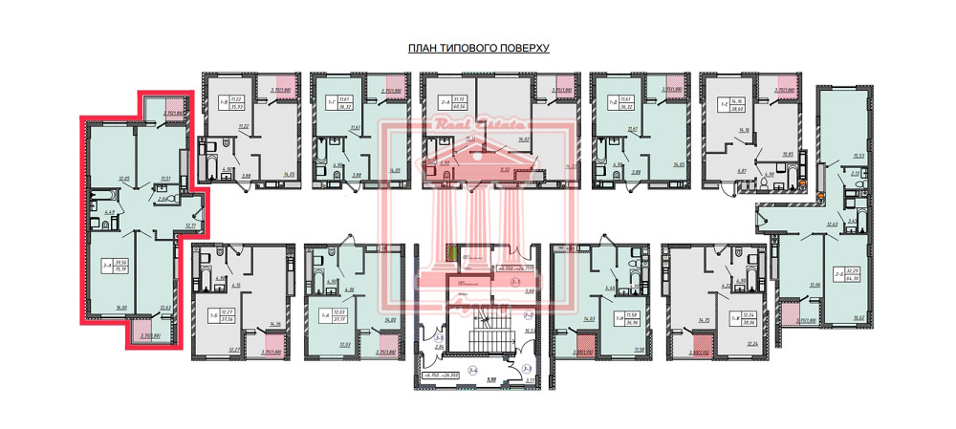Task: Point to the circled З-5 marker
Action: click(439, 337)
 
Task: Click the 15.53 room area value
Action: click(858, 156)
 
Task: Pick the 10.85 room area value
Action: click(789, 154)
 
